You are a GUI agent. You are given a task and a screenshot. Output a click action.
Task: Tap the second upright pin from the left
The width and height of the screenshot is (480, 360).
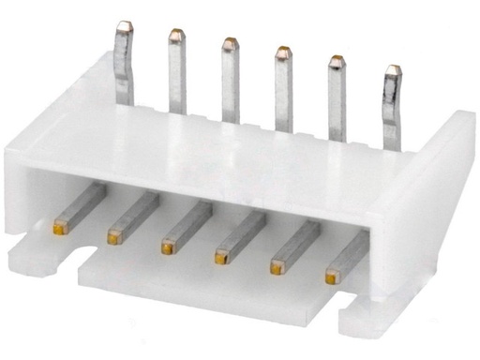(x=176, y=70)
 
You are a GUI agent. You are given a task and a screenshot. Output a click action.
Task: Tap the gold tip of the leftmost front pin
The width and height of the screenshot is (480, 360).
(x=61, y=225)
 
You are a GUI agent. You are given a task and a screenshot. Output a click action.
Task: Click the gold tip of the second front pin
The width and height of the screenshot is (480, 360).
(x=115, y=233)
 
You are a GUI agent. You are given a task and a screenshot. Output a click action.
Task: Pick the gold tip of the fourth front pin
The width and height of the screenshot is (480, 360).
(x=222, y=253)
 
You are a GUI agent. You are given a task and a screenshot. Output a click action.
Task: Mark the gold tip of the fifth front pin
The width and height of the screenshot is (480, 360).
(x=277, y=266)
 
